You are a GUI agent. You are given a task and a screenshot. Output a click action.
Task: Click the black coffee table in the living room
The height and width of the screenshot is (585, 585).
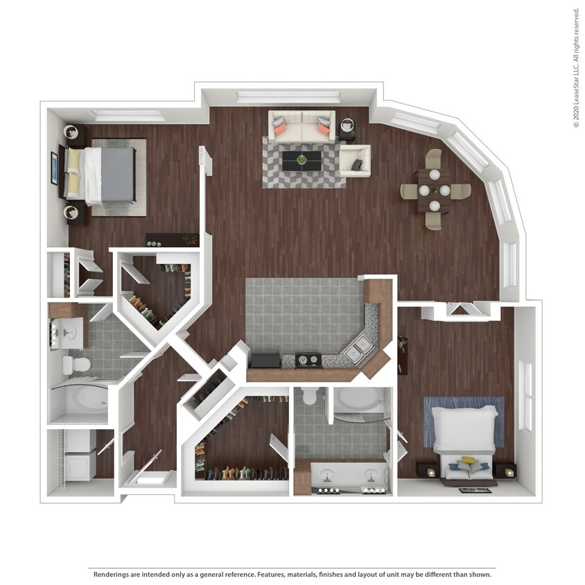point(302,161)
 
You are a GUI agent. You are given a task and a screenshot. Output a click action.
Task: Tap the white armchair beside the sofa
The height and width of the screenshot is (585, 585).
point(355,160)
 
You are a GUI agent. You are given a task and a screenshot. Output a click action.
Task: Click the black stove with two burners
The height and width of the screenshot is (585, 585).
point(308,360)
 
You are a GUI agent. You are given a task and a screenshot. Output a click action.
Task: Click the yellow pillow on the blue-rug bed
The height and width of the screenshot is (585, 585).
point(469,460)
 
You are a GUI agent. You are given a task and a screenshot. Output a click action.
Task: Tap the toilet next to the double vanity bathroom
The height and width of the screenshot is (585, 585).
point(310,397)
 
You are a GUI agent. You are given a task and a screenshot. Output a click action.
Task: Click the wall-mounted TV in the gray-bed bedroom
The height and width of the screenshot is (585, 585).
point(54,168)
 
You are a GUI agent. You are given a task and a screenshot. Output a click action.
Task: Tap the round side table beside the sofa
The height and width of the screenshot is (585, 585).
point(347,127)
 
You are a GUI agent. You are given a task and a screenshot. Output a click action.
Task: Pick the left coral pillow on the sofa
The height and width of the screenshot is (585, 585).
point(280,126)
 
